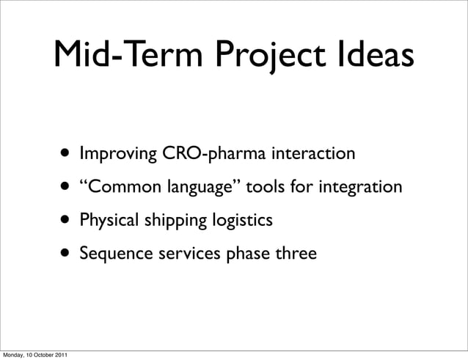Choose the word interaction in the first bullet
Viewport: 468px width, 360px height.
(314, 155)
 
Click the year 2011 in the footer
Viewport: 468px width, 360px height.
(63, 355)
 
